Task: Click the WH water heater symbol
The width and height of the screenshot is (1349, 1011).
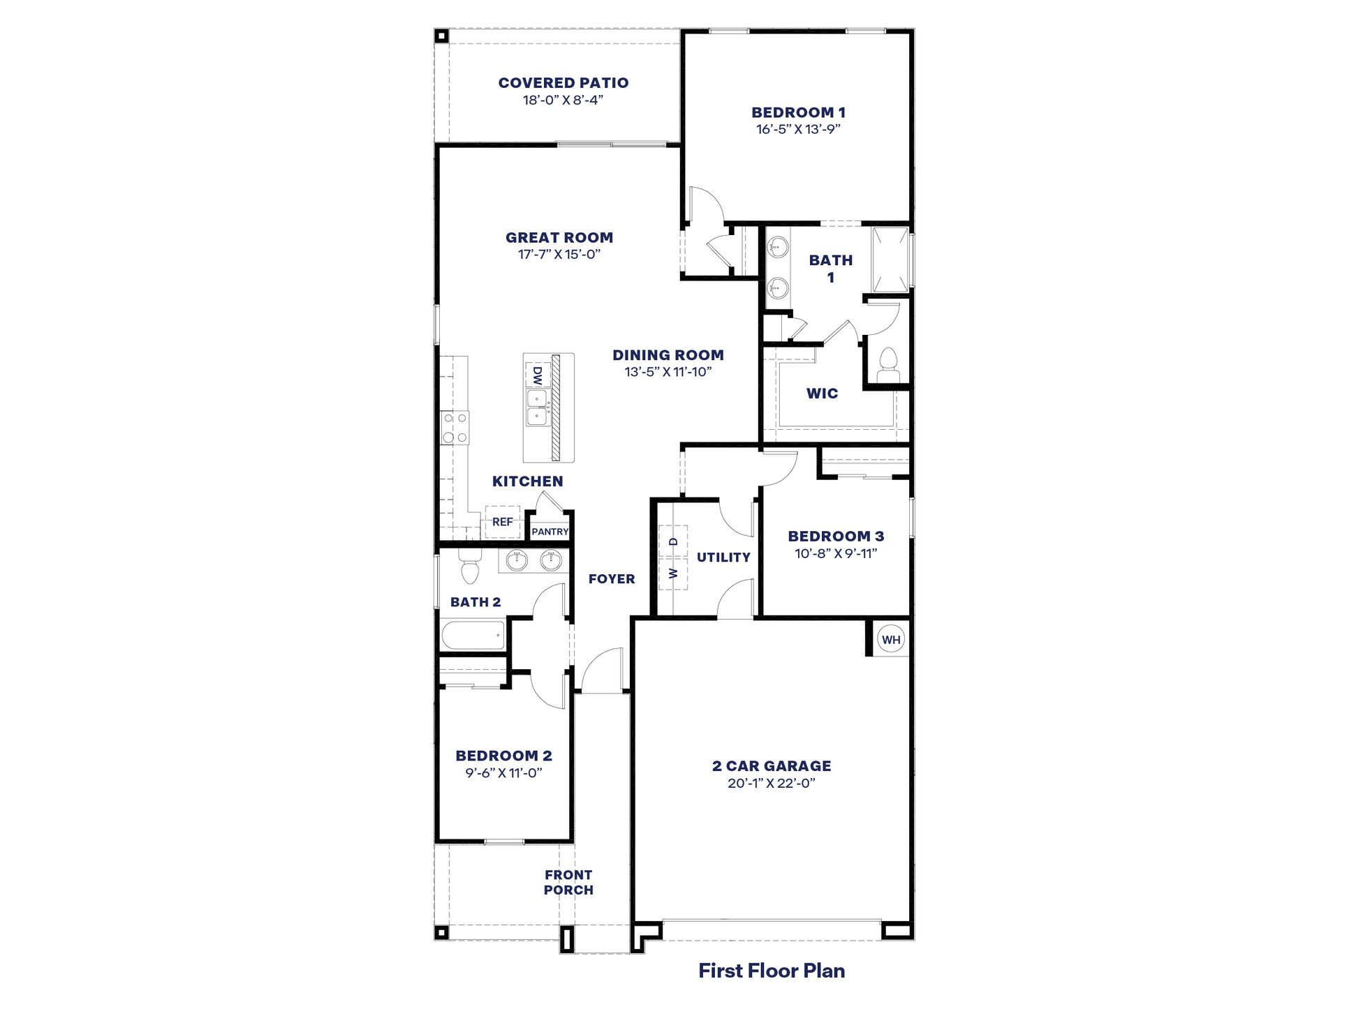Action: (891, 640)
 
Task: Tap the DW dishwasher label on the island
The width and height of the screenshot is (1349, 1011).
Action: (537, 377)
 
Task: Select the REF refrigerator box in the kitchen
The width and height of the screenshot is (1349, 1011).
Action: (503, 522)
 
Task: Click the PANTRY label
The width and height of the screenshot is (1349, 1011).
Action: (550, 532)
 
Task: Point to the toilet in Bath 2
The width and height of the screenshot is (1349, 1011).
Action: (470, 567)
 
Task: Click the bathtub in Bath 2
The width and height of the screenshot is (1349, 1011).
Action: (473, 636)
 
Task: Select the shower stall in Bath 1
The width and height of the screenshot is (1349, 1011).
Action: (891, 260)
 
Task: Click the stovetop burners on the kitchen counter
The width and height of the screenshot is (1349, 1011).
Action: (455, 428)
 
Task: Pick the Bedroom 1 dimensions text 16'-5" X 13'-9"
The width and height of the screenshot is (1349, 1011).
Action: (798, 129)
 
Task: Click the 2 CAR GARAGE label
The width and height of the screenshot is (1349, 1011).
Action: (772, 766)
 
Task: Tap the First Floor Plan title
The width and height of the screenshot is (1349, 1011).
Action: (772, 971)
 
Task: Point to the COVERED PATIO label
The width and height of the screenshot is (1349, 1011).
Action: (563, 83)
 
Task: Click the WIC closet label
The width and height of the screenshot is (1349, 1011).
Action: (822, 394)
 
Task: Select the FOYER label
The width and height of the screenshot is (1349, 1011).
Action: (612, 579)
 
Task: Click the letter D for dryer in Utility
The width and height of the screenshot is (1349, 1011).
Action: (674, 541)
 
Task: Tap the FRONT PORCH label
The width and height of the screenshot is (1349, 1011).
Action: (568, 883)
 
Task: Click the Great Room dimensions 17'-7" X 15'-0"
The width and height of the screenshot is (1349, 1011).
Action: (559, 255)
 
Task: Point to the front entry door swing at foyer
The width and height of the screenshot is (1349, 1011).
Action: (602, 671)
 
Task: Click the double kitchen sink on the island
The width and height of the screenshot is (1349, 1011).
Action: (536, 407)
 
